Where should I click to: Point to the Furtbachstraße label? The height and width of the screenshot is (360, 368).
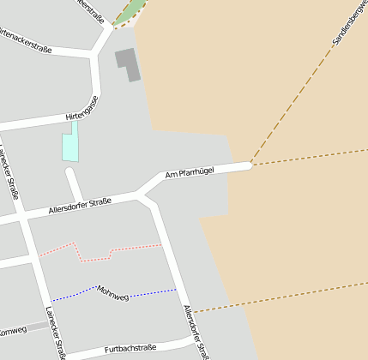pos(130,348)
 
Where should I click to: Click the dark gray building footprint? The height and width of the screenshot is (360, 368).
pos(128,63)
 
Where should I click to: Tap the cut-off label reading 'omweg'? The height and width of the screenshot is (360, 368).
pos(12,331)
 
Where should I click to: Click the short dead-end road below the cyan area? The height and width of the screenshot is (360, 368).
pos(75,184)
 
